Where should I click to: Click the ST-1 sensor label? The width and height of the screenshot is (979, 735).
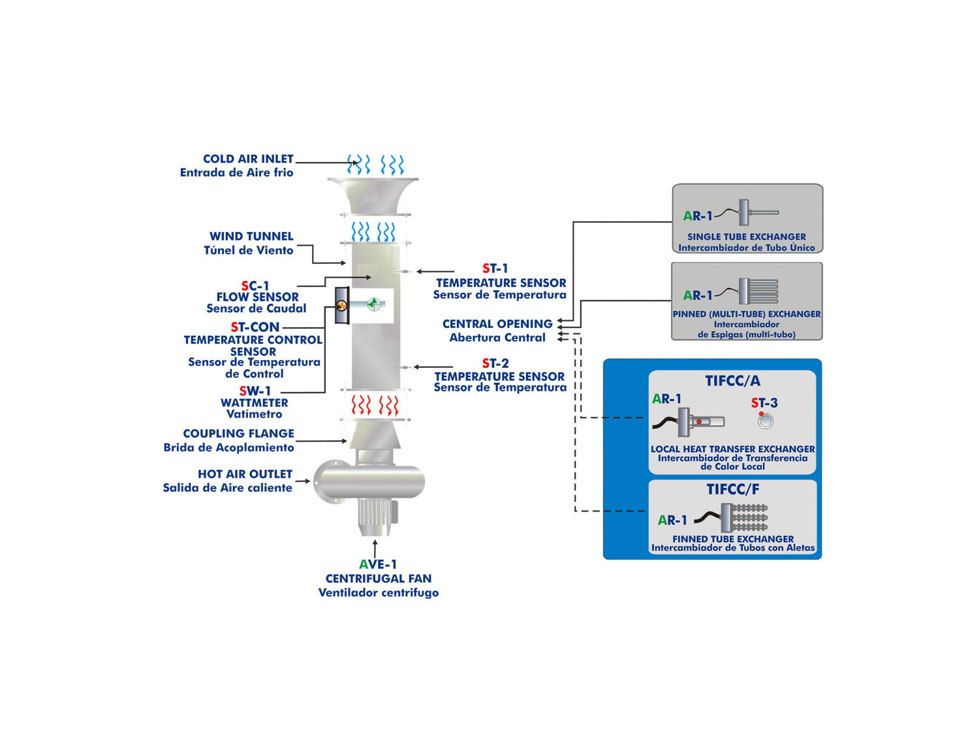(x=495, y=269)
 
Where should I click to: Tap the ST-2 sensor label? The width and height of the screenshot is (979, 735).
(x=495, y=363)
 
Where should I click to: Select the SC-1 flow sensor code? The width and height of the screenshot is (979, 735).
(x=255, y=286)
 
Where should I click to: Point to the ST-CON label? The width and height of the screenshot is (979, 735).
(x=255, y=327)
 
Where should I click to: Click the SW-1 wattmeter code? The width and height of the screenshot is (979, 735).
(x=255, y=391)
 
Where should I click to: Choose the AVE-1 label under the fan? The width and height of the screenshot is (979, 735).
(x=378, y=564)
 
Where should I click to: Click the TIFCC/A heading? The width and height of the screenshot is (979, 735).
(x=732, y=381)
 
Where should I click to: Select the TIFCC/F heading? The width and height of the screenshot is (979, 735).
(x=732, y=489)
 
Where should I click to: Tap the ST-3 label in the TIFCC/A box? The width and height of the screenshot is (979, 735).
(x=764, y=403)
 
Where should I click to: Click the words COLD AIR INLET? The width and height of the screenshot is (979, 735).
(x=248, y=159)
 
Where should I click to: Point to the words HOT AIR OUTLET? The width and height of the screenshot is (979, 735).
(x=245, y=474)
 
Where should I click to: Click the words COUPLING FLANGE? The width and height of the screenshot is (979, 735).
(x=239, y=433)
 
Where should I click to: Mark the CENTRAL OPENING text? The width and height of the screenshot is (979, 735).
(x=497, y=324)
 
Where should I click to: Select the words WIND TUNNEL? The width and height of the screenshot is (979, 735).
(x=251, y=237)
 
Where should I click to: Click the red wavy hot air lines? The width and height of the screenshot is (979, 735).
(x=375, y=405)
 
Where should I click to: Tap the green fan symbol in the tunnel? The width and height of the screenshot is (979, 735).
(x=374, y=304)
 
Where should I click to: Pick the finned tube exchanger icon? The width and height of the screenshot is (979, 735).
(x=744, y=517)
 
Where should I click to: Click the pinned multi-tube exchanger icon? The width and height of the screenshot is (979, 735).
(x=758, y=291)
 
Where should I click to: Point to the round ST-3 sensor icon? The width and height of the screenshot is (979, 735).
(x=766, y=421)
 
